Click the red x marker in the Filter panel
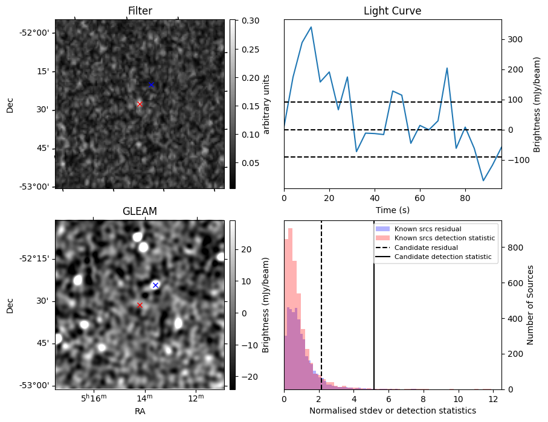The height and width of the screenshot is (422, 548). click(140, 104)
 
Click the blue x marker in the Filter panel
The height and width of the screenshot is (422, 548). click(151, 85)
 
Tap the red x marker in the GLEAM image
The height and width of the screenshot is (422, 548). click(140, 305)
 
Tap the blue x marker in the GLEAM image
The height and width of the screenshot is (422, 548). click(155, 285)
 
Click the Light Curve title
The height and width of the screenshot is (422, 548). click(392, 11)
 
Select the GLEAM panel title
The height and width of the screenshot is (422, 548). click(140, 211)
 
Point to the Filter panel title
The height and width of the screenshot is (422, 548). click(140, 11)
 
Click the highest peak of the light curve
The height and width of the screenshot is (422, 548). click(311, 27)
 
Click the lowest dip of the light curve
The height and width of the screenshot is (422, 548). click(483, 181)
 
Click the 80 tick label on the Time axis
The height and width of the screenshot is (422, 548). click(465, 197)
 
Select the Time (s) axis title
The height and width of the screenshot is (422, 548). click(392, 209)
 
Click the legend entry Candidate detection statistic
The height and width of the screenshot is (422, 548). click(444, 258)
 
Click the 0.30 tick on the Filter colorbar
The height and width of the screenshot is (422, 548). click(250, 21)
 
